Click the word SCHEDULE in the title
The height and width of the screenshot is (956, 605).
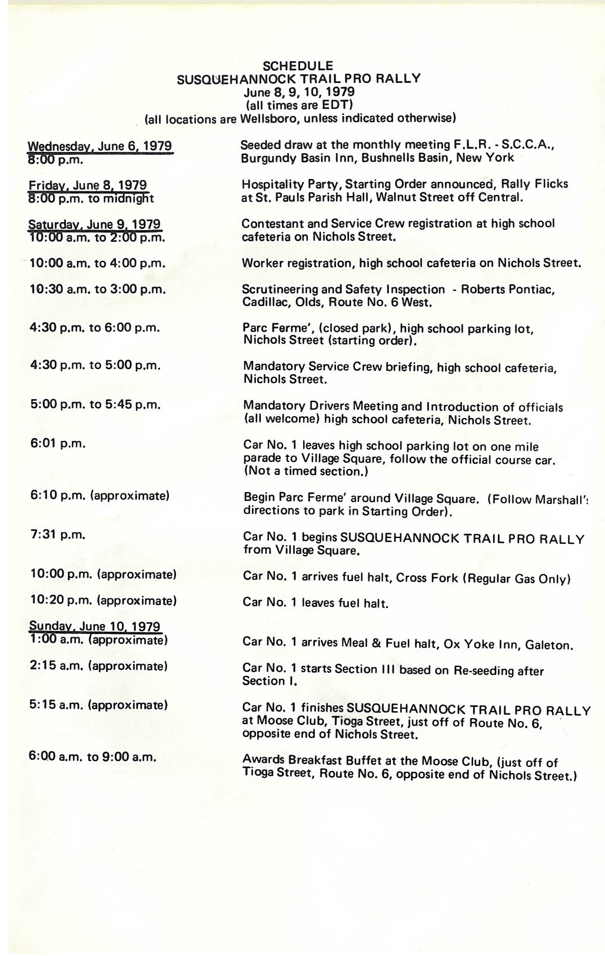point(298,66)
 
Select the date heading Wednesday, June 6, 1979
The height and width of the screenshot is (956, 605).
point(100,146)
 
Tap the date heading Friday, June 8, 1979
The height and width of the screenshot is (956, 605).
point(88,185)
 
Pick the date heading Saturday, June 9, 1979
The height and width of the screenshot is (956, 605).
point(95,224)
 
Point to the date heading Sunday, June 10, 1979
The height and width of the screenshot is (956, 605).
point(95,626)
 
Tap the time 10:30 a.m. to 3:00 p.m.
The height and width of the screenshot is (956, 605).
point(97,290)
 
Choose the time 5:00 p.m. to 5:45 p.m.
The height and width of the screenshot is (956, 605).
point(95,404)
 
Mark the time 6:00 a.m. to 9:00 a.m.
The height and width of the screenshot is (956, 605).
point(92,757)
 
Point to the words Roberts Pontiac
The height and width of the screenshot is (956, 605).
point(507,290)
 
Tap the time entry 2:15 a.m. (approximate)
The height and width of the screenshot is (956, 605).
point(98,666)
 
